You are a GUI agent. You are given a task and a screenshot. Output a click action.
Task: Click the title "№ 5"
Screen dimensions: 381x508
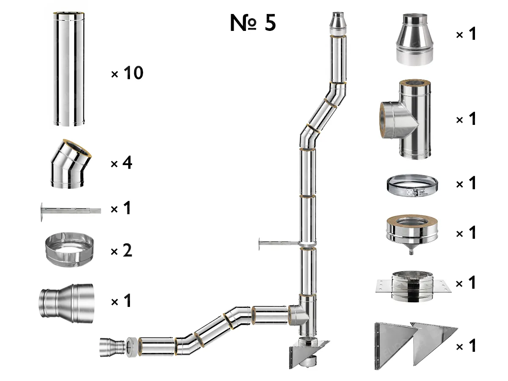click(x=253, y=23)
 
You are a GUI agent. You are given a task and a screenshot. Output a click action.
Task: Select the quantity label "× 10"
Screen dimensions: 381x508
click(x=127, y=74)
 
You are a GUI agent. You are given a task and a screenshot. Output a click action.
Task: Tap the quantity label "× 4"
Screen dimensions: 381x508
click(x=121, y=163)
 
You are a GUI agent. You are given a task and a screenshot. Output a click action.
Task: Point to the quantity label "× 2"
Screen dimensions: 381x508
click(x=121, y=251)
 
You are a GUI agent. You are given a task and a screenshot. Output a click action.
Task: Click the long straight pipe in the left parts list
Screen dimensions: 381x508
click(x=69, y=69)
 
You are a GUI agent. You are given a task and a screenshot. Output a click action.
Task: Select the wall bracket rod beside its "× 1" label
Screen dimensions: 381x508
click(x=70, y=210)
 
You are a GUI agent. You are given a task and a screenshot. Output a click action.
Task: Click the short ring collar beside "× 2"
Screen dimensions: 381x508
click(x=69, y=251)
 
